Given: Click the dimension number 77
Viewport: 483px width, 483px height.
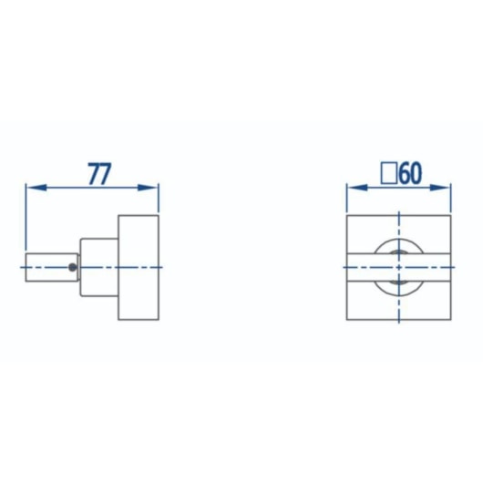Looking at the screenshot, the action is [x=99, y=174].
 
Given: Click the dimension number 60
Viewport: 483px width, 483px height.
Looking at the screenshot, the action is [x=410, y=173].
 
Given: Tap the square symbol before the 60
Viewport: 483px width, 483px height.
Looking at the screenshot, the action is [x=389, y=174].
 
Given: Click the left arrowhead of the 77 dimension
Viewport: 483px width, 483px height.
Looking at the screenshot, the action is [x=36, y=188].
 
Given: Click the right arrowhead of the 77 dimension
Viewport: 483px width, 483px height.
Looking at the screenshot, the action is [x=148, y=188].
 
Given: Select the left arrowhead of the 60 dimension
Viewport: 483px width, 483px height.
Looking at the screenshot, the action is [x=357, y=188].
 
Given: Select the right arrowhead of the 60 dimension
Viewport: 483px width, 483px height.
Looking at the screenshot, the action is [x=440, y=188].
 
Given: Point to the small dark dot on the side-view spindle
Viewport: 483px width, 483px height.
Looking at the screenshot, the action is [x=72, y=267].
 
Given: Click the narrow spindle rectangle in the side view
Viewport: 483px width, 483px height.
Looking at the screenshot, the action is [x=52, y=267].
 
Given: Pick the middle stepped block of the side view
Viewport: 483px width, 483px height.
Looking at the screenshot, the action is [x=99, y=267].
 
